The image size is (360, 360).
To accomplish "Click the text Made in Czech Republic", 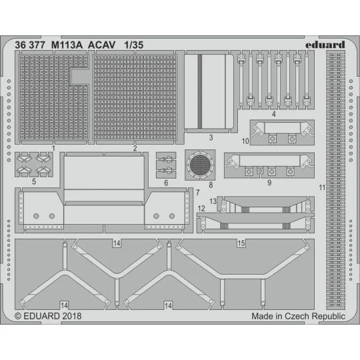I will point(298,316).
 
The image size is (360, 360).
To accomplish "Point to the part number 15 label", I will point(240,245).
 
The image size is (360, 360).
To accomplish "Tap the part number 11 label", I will point(322,188).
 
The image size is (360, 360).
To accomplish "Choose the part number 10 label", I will point(227,141).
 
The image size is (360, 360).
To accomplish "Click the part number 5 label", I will point(34,181).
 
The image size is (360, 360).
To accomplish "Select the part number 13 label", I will point(213,201).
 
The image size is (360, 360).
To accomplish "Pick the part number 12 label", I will point(201,209).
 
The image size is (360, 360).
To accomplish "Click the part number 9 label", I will point(269,181).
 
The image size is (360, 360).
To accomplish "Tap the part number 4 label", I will point(274,114).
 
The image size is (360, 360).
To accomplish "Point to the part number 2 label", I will point(135,148).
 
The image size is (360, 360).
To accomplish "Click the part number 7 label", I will point(198,192).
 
